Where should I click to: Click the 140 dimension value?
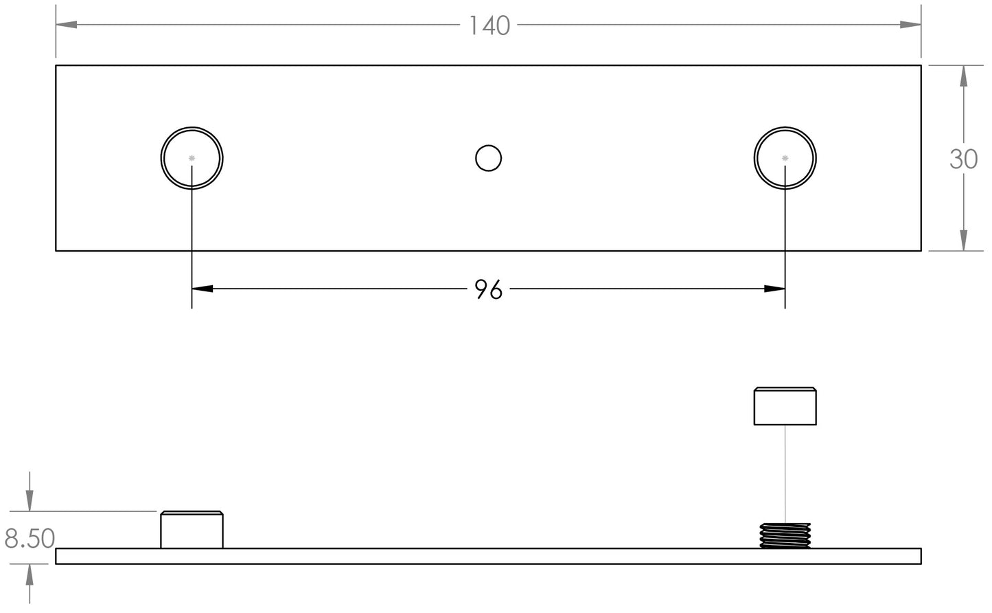(x=489, y=25)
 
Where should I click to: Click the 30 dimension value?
(x=963, y=159)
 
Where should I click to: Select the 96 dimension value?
(x=489, y=289)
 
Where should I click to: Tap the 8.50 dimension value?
(x=30, y=539)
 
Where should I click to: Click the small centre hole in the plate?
(x=489, y=158)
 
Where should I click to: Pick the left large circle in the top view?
(x=192, y=158)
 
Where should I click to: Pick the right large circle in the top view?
(x=785, y=158)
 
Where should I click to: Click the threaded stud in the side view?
(x=785, y=535)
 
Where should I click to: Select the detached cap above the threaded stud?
(x=785, y=406)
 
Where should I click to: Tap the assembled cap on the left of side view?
(x=192, y=530)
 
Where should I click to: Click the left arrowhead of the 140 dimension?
(x=67, y=24)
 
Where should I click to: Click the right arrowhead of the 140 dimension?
(x=910, y=24)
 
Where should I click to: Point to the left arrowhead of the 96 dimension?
(x=203, y=289)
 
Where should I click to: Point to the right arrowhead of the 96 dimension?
(x=774, y=289)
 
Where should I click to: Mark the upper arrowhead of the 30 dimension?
(x=963, y=76)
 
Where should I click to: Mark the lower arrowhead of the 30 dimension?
(x=963, y=241)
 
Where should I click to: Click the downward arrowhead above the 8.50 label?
(x=30, y=500)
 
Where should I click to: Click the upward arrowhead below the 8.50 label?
(x=30, y=575)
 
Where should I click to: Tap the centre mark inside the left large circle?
(x=192, y=158)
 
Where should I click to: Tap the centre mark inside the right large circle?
(x=785, y=158)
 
